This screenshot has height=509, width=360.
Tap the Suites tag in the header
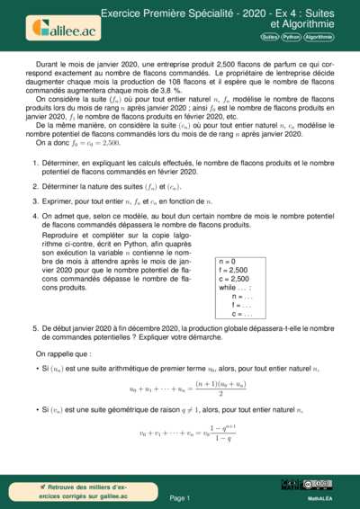click(x=269, y=37)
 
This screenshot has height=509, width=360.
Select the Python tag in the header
click(x=291, y=37)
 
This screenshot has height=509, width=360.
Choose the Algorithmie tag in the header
click(x=319, y=37)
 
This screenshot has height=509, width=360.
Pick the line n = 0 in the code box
click(x=229, y=262)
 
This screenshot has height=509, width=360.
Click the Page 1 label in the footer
click(x=179, y=497)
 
